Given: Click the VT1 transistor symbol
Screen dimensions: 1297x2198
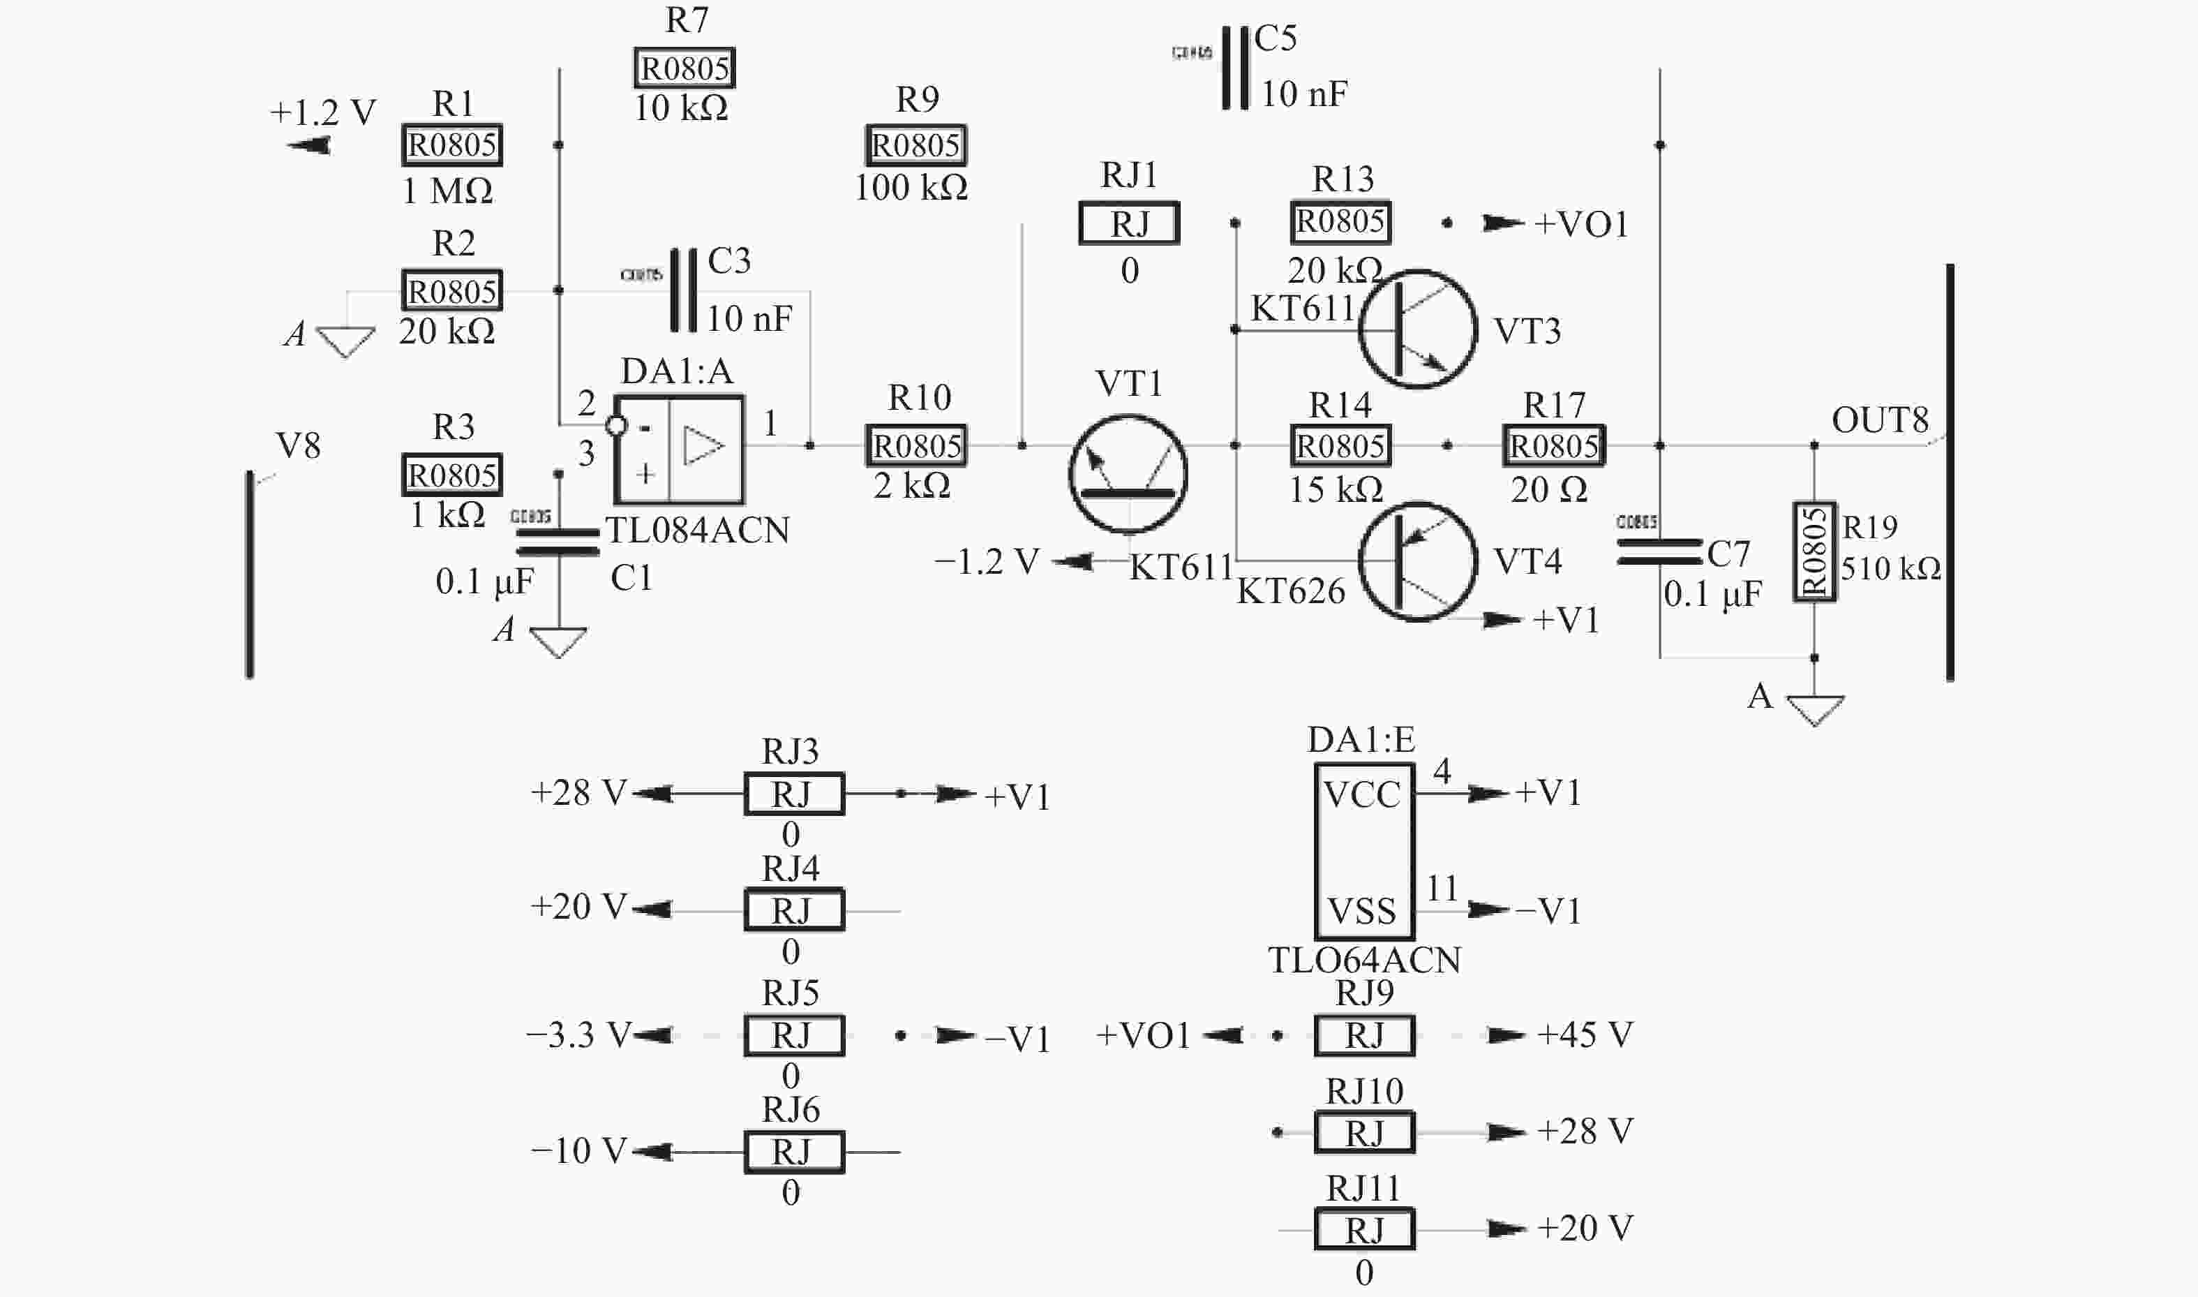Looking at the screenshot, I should point(1127,475).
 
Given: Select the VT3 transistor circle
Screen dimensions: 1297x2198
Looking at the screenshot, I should point(1417,329).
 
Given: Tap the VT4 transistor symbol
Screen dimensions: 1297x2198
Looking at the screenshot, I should point(1417,561).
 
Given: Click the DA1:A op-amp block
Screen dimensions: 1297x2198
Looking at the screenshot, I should point(679,450).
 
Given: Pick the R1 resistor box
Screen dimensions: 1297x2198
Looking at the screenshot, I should point(451,145).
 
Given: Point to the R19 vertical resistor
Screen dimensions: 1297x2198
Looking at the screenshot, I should point(1814,551).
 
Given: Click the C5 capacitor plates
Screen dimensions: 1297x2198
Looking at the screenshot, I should point(1234,68).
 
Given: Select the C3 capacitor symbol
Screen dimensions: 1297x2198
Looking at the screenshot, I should point(683,290).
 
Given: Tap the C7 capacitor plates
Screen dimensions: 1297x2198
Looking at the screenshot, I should point(1659,551).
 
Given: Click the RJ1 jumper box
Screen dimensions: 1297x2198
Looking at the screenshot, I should point(1129,224).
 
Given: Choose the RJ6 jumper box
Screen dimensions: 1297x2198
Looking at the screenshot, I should point(793,1152).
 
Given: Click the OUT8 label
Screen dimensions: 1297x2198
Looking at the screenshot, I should point(1879,420).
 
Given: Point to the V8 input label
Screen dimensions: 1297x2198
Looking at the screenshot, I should point(298,446).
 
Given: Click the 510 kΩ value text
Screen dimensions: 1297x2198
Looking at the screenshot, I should point(1890,569).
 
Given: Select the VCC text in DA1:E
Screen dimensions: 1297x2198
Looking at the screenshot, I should point(1361,794).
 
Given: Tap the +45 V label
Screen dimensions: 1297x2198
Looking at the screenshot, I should point(1584,1035).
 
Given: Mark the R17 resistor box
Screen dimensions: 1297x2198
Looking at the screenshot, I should point(1553,446).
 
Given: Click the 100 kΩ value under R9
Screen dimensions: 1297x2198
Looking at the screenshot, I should point(911,187).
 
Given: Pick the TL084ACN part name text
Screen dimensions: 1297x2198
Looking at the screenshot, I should point(697,531).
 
